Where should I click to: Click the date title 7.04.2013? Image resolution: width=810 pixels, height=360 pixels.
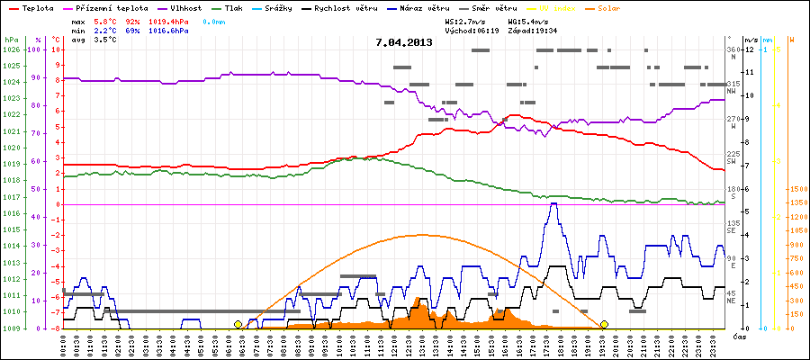[404, 42]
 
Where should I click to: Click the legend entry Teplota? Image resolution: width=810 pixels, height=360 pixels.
[36, 7]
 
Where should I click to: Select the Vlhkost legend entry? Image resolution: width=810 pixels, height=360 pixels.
[186, 7]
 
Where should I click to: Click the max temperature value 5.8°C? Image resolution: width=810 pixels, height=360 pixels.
[105, 20]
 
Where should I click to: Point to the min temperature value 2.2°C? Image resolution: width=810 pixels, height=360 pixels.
[105, 31]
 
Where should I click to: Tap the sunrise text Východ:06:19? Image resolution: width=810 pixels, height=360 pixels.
[472, 31]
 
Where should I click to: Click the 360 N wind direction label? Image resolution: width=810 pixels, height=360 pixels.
[733, 51]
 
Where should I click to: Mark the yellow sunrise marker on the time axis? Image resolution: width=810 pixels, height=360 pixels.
[238, 324]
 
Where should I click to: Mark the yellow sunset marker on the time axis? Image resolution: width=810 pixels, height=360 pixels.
[604, 324]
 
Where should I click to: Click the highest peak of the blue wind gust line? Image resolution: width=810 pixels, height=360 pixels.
[553, 203]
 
